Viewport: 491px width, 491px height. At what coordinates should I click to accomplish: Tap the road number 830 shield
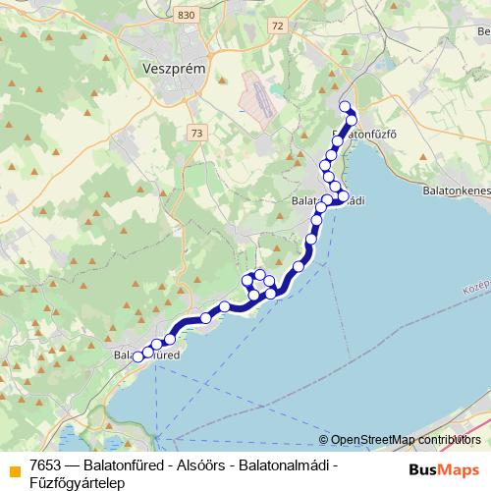tap(160, 16)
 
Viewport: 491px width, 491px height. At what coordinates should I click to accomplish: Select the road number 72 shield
tap(279, 26)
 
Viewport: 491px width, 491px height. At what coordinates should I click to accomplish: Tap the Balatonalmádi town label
tap(329, 200)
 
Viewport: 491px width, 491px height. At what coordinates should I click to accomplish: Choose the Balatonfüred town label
tap(147, 355)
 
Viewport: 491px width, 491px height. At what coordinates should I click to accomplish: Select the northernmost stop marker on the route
tap(344, 107)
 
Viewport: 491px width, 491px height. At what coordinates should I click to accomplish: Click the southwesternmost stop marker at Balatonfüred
tap(137, 357)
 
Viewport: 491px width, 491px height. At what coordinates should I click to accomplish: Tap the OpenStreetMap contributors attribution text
tap(406, 440)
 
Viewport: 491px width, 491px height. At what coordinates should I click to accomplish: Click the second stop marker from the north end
tap(351, 120)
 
